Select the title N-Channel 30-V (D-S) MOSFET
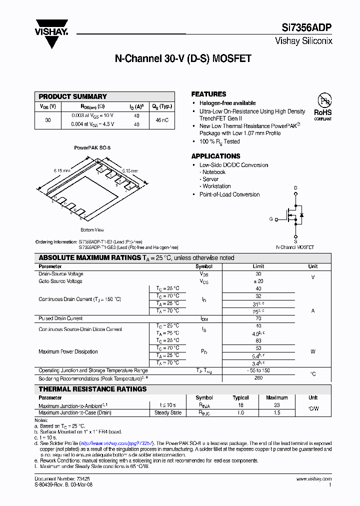click(183, 59)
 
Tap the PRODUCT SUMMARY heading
click(73, 96)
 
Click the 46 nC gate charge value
click(161, 120)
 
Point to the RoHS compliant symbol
click(322, 106)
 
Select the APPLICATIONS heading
click(215, 156)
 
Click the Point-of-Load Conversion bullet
click(229, 194)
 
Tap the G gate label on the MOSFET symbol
click(271, 219)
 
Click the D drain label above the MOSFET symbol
click(295, 188)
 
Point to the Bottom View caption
click(92, 230)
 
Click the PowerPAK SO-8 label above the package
click(92, 148)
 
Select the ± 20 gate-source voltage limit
click(258, 281)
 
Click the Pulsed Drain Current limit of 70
click(258, 318)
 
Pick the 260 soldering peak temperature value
click(258, 378)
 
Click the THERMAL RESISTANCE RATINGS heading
click(93, 389)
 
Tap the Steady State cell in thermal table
click(168, 413)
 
